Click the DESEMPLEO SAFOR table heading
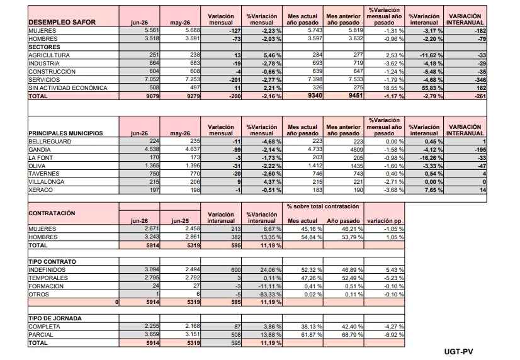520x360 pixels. pos(62,22)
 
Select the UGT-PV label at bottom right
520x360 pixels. pos(459,352)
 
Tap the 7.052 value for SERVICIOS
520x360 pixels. pos(150,79)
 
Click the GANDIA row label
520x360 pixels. pos(40,150)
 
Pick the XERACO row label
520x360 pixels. pos(40,190)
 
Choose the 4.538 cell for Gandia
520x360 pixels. pos(152,149)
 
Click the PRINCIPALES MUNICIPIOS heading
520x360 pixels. pos(65,133)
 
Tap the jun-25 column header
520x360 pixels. pos(180,221)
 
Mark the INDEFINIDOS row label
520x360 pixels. pos(47,270)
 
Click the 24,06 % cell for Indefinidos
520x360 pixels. pos(269,270)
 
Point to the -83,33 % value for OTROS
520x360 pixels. pos(269,295)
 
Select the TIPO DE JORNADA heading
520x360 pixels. pos(55,318)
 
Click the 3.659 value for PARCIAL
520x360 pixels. pos(152,334)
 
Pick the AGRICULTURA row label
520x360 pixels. pos(49,55)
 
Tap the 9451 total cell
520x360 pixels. pos(355,96)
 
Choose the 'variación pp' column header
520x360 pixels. pos(384,221)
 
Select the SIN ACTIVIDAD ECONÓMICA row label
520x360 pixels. pos(68,88)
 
